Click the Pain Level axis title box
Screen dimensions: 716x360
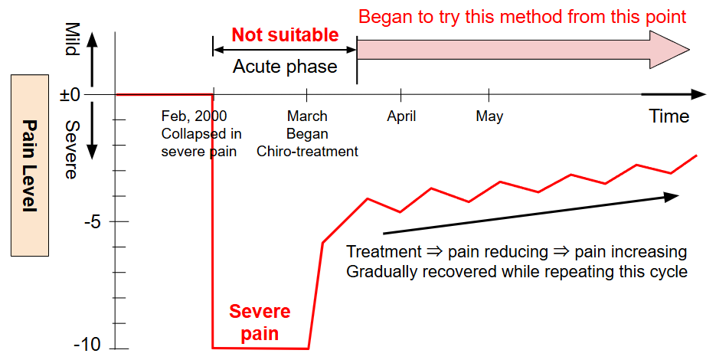(30, 165)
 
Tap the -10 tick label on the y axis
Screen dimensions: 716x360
(87, 345)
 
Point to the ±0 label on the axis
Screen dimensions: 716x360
(70, 95)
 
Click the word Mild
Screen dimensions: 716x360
(72, 39)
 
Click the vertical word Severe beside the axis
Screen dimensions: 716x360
(72, 150)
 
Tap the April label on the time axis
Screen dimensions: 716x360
(401, 116)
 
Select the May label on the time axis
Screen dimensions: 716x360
(489, 116)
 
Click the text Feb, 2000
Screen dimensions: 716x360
(194, 116)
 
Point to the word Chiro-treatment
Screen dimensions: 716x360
(307, 151)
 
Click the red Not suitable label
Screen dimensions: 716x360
(285, 35)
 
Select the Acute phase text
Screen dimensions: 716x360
(285, 67)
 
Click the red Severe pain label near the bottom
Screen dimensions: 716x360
(260, 322)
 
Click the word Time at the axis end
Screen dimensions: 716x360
(669, 116)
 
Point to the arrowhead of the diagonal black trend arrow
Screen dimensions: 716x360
(672, 196)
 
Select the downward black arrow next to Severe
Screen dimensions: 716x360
(92, 131)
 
